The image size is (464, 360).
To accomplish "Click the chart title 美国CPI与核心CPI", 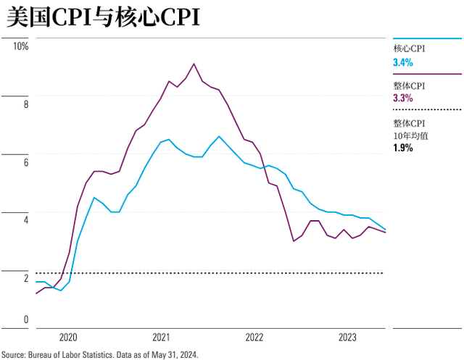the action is pyautogui.click(x=103, y=17).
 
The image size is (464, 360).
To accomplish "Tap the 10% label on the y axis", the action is pyautogui.click(x=21, y=46).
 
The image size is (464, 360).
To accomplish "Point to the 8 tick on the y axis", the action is pyautogui.click(x=26, y=104).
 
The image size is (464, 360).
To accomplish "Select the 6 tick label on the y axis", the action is pyautogui.click(x=26, y=162).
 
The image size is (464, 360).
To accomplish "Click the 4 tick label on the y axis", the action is pyautogui.click(x=26, y=220).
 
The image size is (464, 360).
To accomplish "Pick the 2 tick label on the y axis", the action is pyautogui.click(x=26, y=278).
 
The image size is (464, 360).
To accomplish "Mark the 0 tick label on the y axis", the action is pyautogui.click(x=26, y=319).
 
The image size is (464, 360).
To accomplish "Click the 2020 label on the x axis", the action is pyautogui.click(x=68, y=338).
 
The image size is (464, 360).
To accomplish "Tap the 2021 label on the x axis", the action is pyautogui.click(x=161, y=338).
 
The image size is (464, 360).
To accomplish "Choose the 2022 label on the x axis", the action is pyautogui.click(x=254, y=338).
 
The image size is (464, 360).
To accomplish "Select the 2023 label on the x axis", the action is pyautogui.click(x=347, y=338).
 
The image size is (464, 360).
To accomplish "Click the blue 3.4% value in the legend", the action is pyautogui.click(x=403, y=62).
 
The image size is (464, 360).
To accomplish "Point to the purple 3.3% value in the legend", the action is pyautogui.click(x=403, y=98).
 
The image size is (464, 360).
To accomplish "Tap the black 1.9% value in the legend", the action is pyautogui.click(x=403, y=148).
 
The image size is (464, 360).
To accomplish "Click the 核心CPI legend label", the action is pyautogui.click(x=409, y=49).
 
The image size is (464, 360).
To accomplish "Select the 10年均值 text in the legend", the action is pyautogui.click(x=411, y=135).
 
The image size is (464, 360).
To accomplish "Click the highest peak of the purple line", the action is pyautogui.click(x=194, y=64).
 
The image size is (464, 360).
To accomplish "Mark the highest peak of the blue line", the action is pyautogui.click(x=219, y=136).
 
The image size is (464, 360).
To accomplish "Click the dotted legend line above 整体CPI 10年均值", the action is pyautogui.click(x=427, y=109).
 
